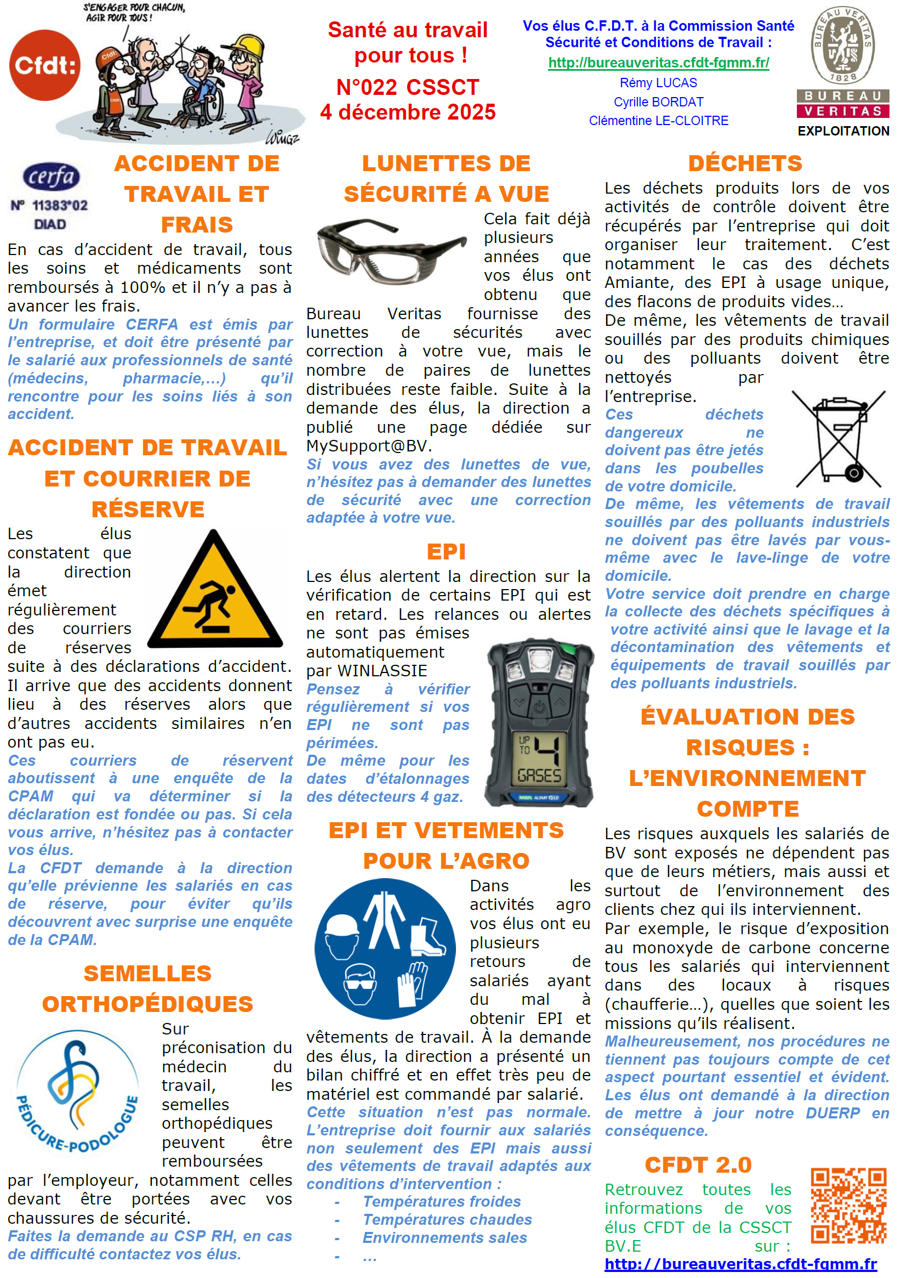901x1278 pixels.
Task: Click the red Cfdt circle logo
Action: [44, 65]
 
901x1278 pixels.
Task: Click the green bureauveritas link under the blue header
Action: [659, 63]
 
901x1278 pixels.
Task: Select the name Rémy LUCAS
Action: [659, 83]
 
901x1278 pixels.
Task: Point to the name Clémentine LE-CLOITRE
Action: [659, 121]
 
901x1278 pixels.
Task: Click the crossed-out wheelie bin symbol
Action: [838, 439]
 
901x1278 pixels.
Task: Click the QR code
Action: [848, 1205]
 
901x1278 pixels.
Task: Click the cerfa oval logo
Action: [51, 177]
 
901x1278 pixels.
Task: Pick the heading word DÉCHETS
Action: [745, 163]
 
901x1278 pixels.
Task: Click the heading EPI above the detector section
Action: [446, 552]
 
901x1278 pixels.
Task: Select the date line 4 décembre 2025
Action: [408, 112]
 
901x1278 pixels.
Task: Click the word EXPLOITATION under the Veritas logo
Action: [843, 131]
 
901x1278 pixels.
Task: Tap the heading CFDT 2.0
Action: [698, 1164]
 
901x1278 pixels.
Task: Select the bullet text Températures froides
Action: [442, 1201]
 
